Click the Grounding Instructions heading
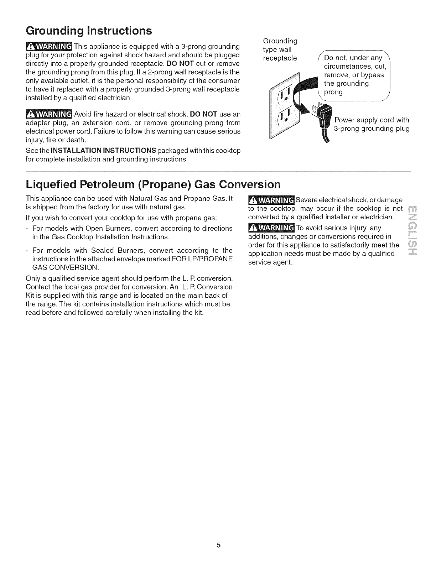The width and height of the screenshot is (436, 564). point(89,31)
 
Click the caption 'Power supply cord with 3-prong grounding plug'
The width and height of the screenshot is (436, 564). point(372,124)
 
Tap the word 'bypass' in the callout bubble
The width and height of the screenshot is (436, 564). point(372,75)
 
